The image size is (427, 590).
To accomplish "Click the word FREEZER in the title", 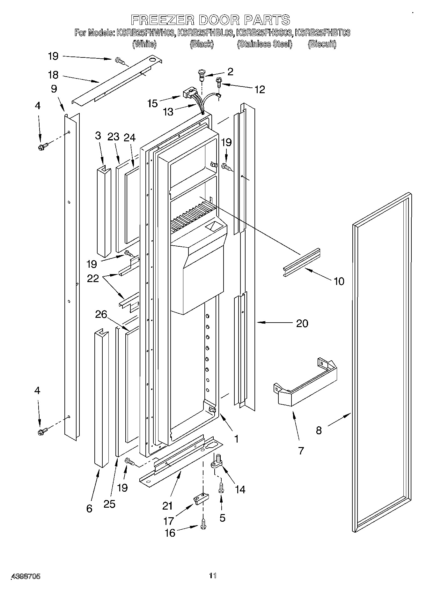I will pyautogui.click(x=163, y=20).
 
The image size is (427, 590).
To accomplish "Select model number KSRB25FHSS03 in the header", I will pyautogui.click(x=265, y=33).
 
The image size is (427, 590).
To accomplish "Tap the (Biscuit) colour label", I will pyautogui.click(x=322, y=44).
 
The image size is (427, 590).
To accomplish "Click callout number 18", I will pyautogui.click(x=53, y=75).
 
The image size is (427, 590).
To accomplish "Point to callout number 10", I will pyautogui.click(x=339, y=281).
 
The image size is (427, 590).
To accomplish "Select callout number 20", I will pyautogui.click(x=302, y=324).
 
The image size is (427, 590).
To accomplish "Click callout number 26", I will pyautogui.click(x=101, y=315).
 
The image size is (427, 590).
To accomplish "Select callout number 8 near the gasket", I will pyautogui.click(x=319, y=430).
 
